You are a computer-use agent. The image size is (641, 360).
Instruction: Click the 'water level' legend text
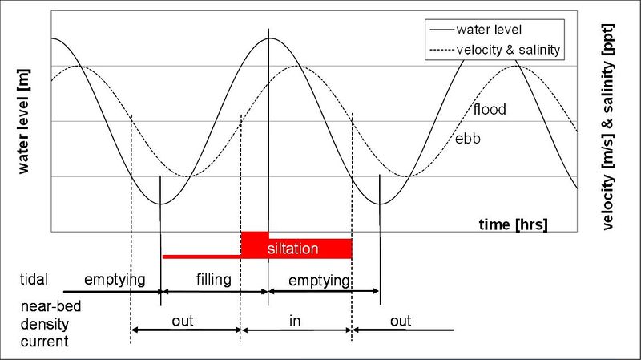coord(490,30)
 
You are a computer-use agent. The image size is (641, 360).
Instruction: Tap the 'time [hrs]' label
coord(514,224)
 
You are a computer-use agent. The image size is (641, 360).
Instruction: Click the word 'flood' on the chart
coord(490,109)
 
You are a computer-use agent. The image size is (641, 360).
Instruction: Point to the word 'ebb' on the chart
coord(469,139)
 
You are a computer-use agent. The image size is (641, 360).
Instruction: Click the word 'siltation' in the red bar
coord(293,249)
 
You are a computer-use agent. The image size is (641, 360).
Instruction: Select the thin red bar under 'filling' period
coord(201,257)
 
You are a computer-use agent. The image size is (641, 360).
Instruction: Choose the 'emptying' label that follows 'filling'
coord(319,281)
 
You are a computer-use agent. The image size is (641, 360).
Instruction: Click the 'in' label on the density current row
coord(295,321)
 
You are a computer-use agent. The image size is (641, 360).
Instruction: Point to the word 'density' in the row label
coord(41,324)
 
